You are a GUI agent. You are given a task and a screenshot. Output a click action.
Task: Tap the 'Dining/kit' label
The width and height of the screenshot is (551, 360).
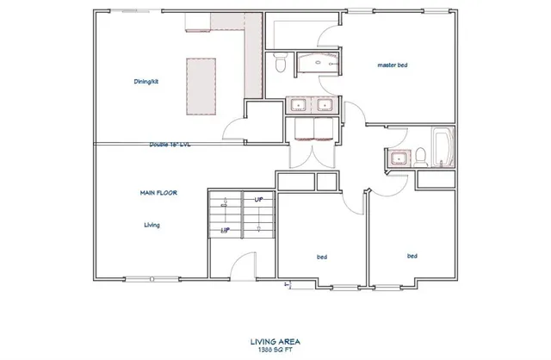coord(145,81)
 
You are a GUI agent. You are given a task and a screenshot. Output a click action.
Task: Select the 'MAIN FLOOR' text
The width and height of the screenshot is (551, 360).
coord(158,193)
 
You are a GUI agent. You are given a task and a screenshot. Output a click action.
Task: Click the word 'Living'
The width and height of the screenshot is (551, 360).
coord(152,225)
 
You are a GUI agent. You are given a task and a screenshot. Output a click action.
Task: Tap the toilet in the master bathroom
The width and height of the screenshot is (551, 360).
coord(279,63)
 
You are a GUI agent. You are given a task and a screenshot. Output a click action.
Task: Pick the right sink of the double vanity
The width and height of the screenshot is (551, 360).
coord(325,105)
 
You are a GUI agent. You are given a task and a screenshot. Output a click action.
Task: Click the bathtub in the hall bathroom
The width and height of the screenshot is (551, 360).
coord(442,147)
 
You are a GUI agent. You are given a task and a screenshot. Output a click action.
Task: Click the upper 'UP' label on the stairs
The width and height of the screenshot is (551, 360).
coord(257,199)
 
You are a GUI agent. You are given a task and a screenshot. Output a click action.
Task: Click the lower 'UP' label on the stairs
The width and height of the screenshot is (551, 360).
coord(225,230)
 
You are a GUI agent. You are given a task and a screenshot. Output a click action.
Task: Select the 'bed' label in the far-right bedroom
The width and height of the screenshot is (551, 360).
coord(412,256)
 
